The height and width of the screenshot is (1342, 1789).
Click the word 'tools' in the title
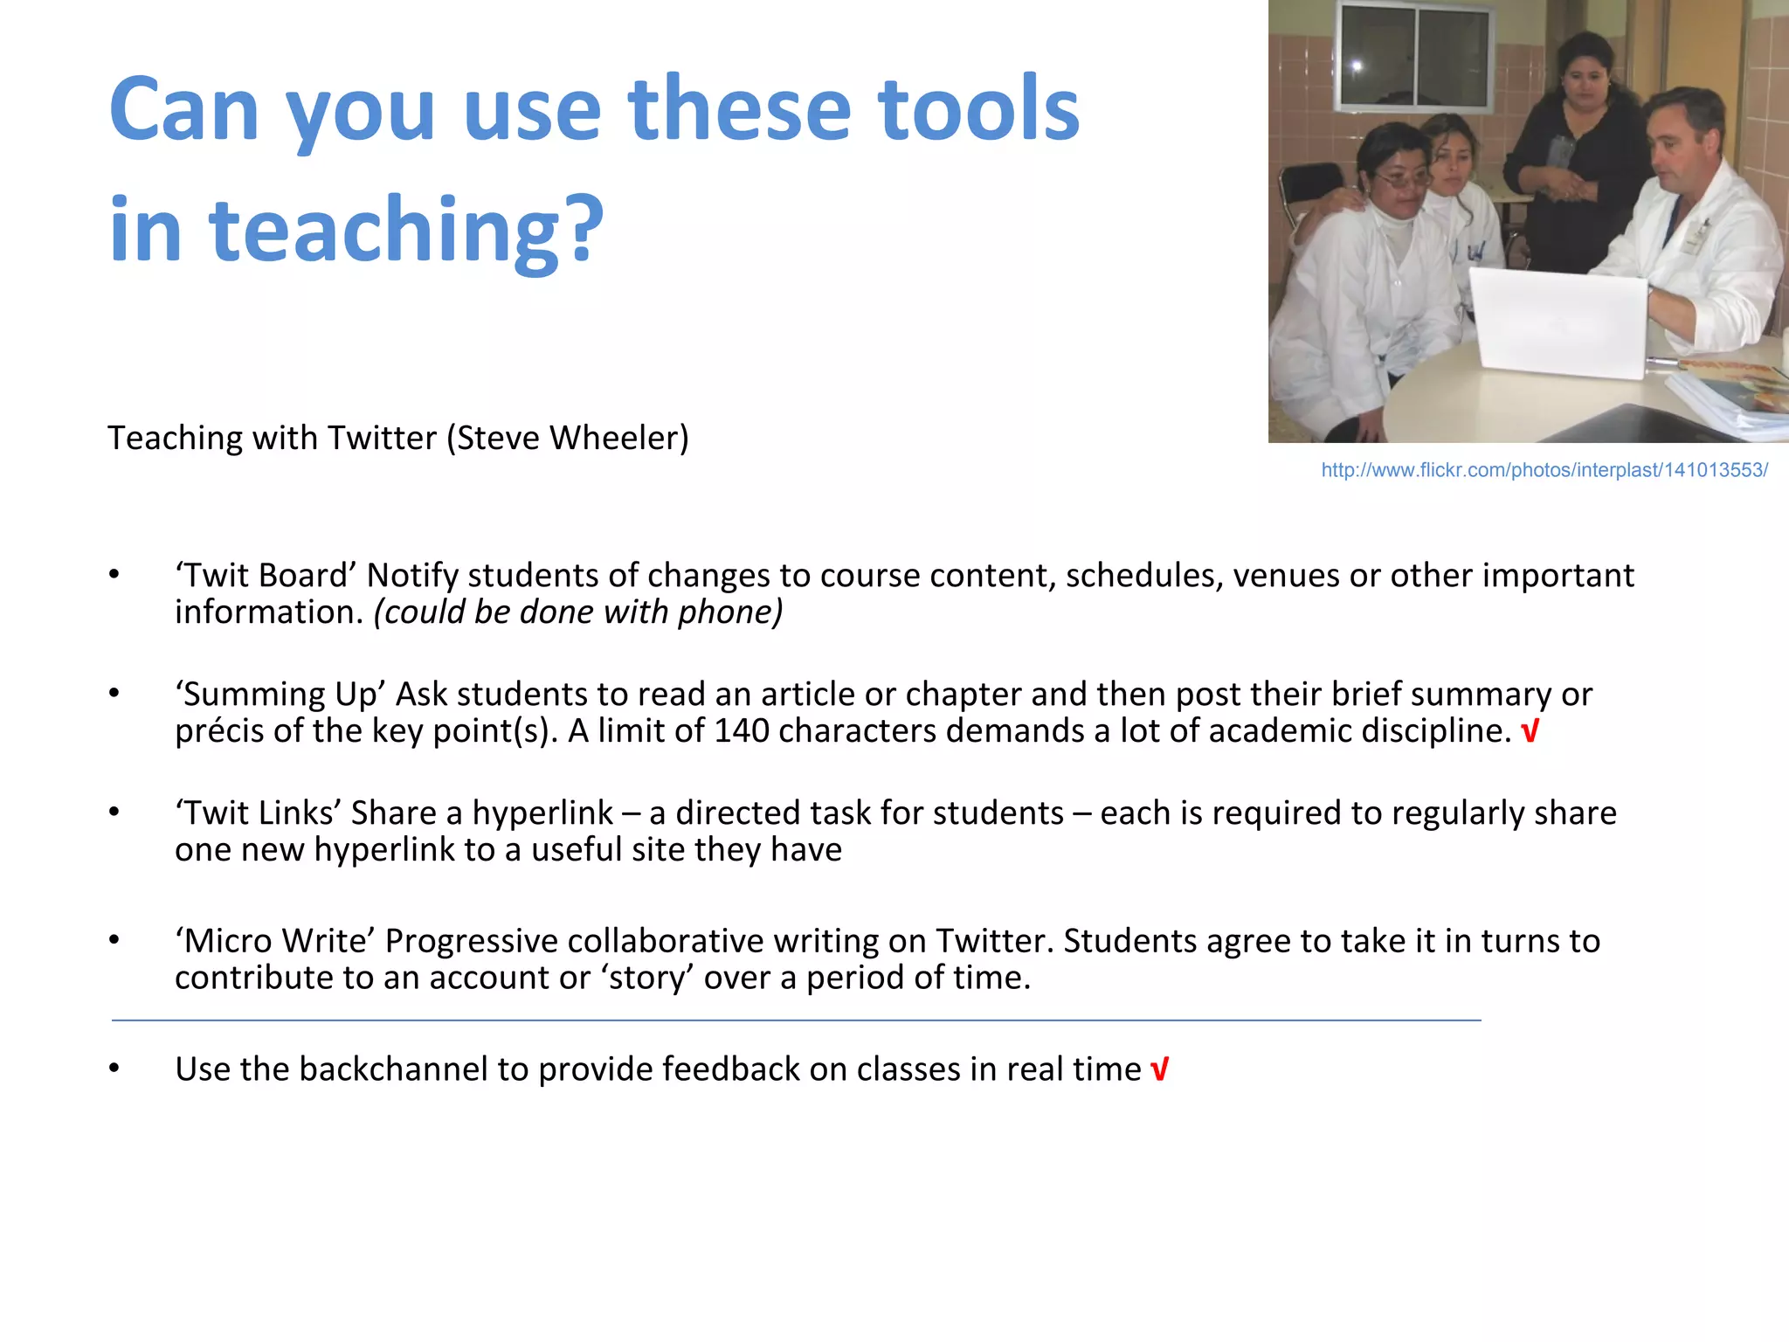978,109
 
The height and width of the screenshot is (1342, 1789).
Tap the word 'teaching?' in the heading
406,230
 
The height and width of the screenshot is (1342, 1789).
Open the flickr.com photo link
1544,470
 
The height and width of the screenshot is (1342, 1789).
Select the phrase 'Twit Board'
266,576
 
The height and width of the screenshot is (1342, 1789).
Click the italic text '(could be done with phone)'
577,612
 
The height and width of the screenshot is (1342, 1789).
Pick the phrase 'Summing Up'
280,695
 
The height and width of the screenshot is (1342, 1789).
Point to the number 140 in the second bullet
741,731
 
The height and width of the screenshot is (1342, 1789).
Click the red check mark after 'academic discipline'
1529,731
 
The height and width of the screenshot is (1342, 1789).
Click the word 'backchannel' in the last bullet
393,1069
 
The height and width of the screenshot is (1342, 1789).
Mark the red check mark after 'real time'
1159,1069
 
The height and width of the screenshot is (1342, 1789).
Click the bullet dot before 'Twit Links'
114,813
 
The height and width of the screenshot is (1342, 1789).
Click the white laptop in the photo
1559,323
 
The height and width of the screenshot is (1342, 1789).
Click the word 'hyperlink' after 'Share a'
542,813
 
